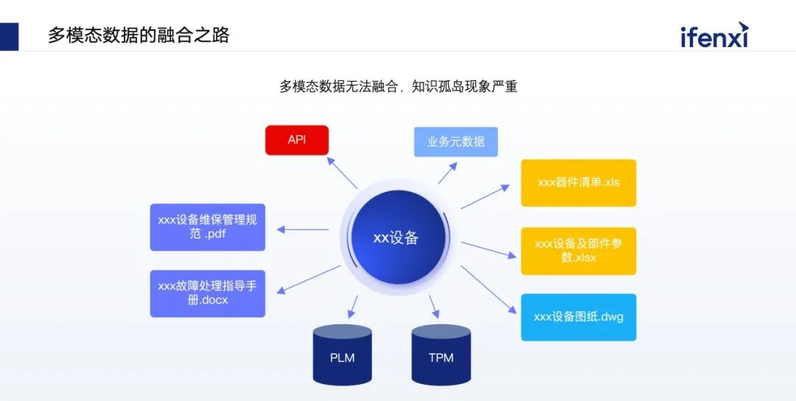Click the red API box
coord(297,140)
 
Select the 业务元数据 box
coord(455,142)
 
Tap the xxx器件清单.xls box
coord(578,183)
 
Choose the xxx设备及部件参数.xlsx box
coord(578,251)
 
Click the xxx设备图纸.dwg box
coord(578,317)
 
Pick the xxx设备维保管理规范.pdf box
coord(207,227)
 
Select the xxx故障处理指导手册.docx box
coord(207,293)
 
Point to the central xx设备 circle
coord(396,237)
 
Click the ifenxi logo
coord(713,35)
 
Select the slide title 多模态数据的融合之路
coord(139,35)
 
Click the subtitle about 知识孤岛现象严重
coord(398,86)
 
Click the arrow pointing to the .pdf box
coord(302,229)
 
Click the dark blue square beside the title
coord(9,36)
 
